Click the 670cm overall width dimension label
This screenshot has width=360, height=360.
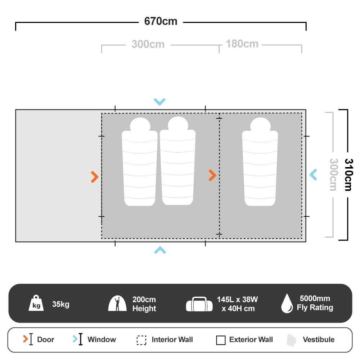click(161, 22)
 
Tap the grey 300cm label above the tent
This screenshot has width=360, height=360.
click(148, 45)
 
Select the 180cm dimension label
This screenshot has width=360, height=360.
click(242, 44)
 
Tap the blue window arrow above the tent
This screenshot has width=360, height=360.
click(159, 102)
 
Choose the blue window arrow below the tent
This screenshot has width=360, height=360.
click(160, 250)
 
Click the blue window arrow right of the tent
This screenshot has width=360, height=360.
click(313, 175)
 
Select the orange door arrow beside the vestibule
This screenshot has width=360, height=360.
click(95, 177)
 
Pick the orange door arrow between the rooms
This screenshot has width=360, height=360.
click(212, 175)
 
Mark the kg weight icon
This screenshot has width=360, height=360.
click(36, 304)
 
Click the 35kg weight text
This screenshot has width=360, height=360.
click(60, 304)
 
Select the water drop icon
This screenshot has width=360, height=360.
click(287, 303)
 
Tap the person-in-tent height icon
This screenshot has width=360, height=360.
click(117, 304)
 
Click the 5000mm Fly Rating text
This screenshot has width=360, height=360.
click(315, 303)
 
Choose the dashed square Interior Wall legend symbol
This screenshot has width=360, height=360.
click(141, 340)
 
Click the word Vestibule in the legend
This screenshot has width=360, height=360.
click(318, 339)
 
